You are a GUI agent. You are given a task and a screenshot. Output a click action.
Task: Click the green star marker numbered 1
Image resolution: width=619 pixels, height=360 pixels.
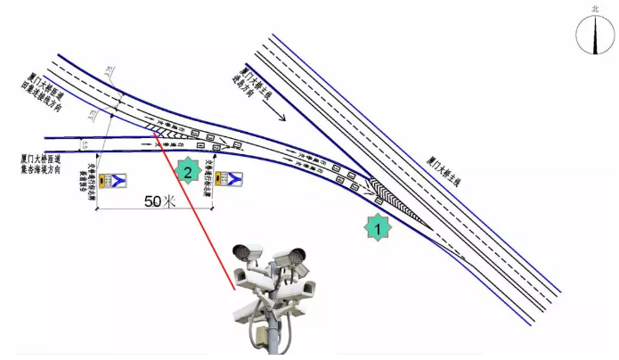379,228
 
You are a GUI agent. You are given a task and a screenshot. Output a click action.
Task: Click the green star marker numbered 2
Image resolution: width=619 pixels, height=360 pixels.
187,170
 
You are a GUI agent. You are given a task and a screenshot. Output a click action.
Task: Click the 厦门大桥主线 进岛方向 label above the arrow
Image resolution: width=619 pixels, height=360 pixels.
254,84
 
